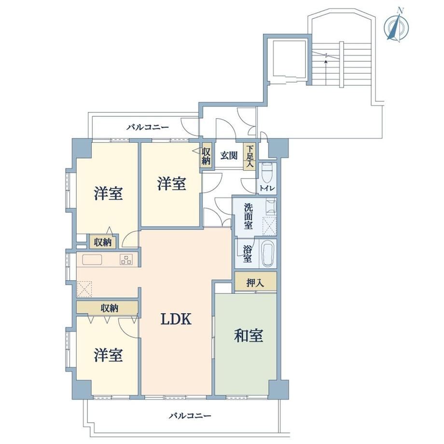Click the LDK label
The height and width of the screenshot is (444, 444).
(x=176, y=319)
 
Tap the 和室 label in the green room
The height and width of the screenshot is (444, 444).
(x=249, y=335)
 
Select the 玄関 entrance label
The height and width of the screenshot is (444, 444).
(x=229, y=156)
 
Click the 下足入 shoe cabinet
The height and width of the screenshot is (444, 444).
(x=250, y=156)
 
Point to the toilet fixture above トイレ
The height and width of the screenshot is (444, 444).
(x=267, y=172)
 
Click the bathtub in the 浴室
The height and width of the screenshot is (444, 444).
(x=268, y=254)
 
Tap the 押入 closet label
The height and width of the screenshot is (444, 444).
(x=255, y=283)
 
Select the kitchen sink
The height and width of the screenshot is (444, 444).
(x=92, y=260)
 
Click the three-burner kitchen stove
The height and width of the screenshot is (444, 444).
(x=126, y=259)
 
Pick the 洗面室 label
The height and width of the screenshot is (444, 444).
(x=249, y=217)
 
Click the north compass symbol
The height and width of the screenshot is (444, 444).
(x=396, y=26)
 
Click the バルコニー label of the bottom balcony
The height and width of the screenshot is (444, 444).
(x=190, y=416)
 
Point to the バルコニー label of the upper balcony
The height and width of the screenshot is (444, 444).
(x=148, y=127)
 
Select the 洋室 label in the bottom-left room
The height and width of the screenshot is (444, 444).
(x=109, y=355)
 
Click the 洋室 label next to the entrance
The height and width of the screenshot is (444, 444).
(x=172, y=183)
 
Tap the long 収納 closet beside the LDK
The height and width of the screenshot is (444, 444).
(x=107, y=307)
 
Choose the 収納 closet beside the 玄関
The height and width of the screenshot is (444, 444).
(x=206, y=156)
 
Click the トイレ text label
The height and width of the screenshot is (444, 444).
(x=267, y=188)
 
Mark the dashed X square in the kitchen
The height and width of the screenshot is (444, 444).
(x=84, y=289)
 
